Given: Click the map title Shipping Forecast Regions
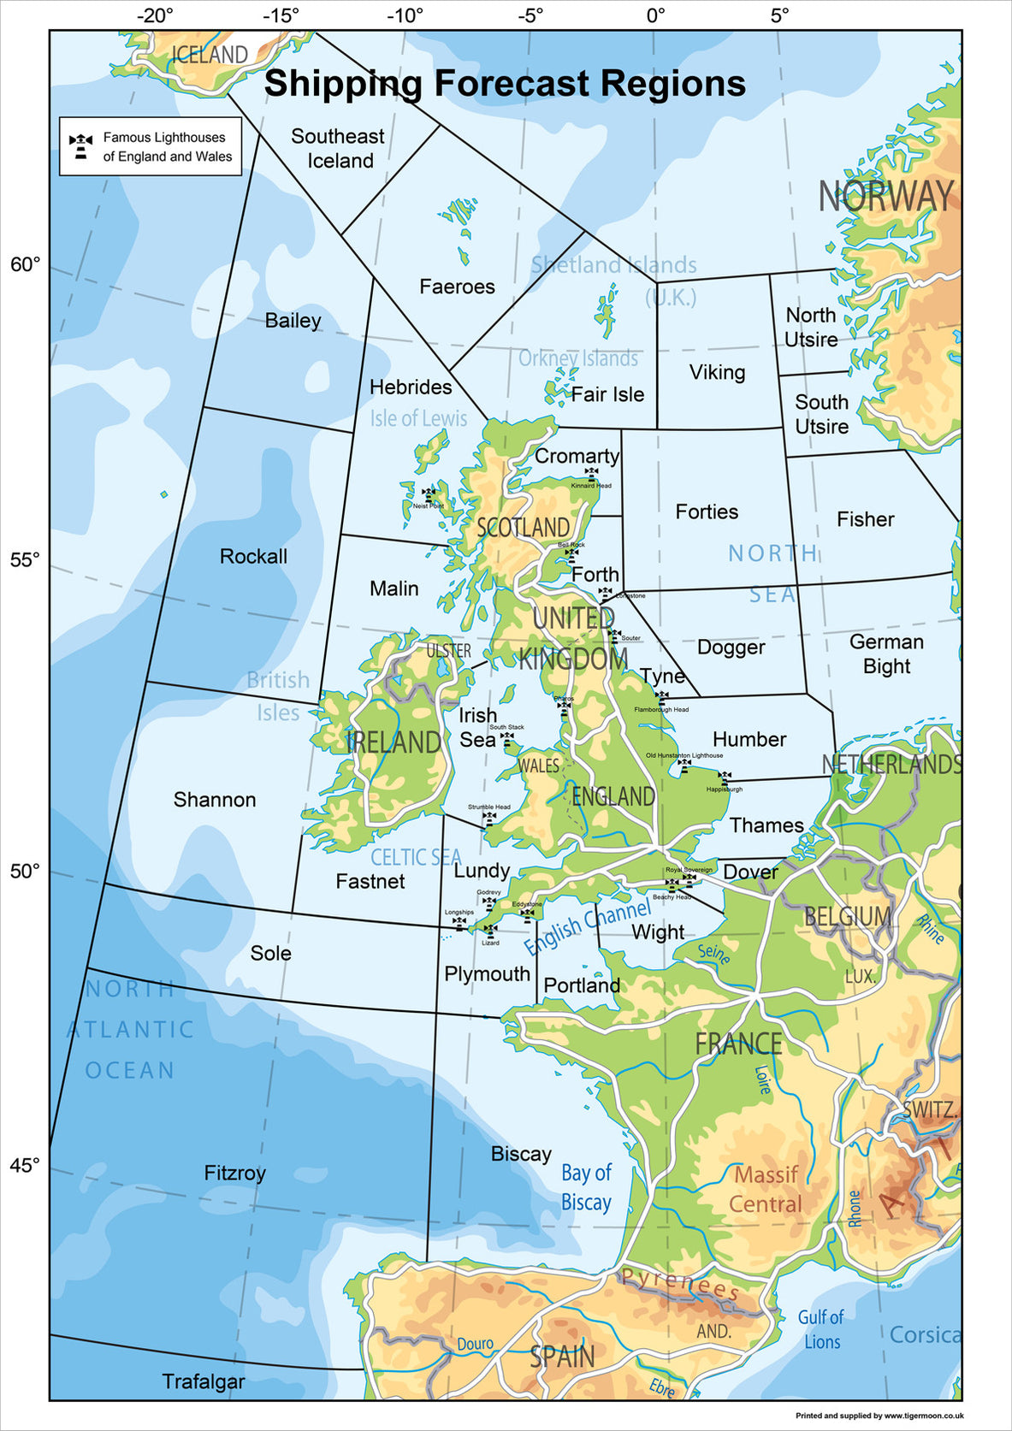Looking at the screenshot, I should (505, 84).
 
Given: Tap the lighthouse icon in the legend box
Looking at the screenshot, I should (81, 146).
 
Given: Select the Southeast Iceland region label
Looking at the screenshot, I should (339, 148).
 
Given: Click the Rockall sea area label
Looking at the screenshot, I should (253, 556).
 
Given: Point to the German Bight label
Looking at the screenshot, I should (886, 653).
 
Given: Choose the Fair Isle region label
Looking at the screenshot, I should (607, 394).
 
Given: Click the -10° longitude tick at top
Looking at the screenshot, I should (405, 15).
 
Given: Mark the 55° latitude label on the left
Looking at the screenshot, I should (25, 559).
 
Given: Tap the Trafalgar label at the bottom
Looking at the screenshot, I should (204, 1381).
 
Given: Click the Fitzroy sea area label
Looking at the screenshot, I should (234, 1173).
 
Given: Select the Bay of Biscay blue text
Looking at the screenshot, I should (586, 1187).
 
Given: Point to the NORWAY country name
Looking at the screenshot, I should (885, 197).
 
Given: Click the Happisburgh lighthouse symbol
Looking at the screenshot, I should (725, 778).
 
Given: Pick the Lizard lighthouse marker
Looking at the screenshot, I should (490, 930).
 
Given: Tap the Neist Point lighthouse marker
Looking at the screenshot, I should (429, 494).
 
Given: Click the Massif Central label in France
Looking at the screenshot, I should (766, 1189).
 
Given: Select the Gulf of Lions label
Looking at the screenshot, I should (821, 1329).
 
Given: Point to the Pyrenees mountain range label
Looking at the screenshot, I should (680, 1284).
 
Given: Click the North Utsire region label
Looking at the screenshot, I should (811, 327).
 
